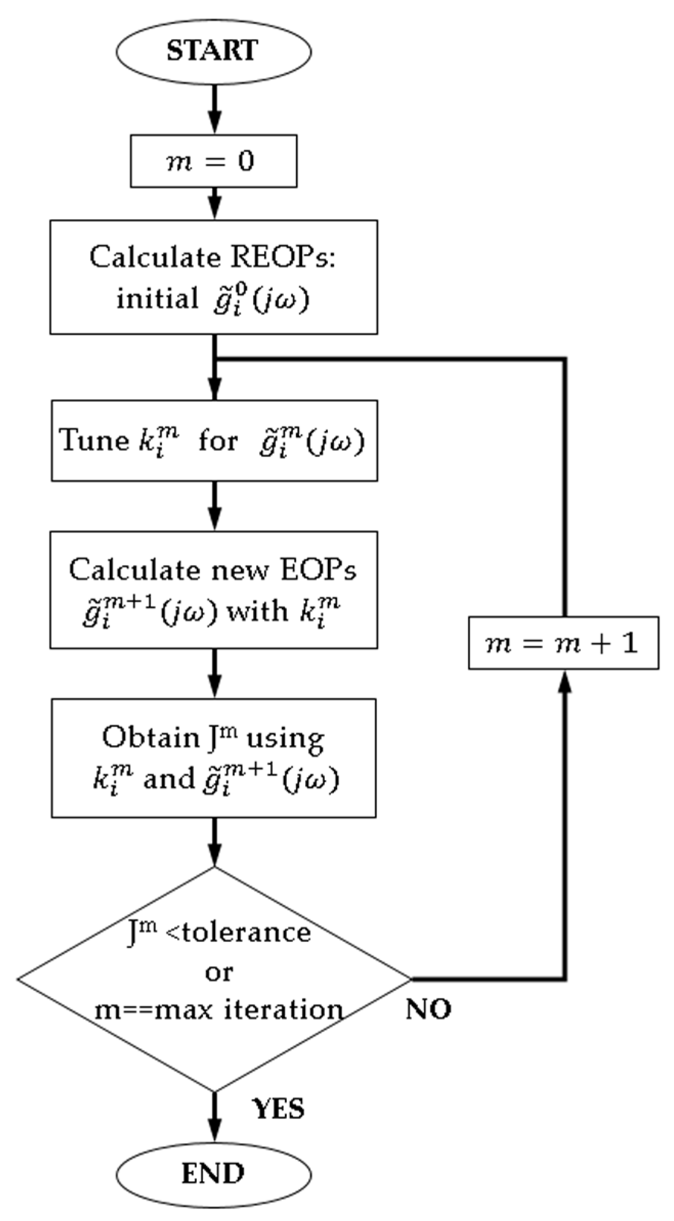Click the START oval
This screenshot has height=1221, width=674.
pyautogui.click(x=213, y=51)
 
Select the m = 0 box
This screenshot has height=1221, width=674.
pyautogui.click(x=213, y=161)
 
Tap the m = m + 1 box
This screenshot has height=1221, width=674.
pyautogui.click(x=563, y=643)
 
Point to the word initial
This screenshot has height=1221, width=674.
pyautogui.click(x=154, y=298)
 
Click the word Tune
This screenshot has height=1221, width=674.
pyautogui.click(x=95, y=440)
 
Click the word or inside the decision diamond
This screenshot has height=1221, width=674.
pyautogui.click(x=218, y=972)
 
